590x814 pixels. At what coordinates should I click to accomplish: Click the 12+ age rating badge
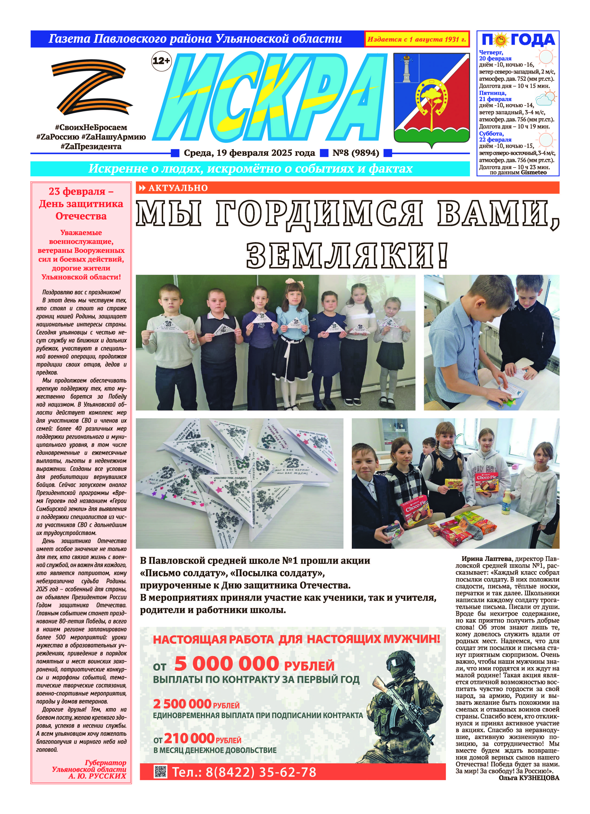(x=161, y=61)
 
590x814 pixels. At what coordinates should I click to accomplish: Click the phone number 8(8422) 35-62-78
(x=244, y=772)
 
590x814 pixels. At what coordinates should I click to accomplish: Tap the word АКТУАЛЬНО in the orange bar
(x=178, y=188)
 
